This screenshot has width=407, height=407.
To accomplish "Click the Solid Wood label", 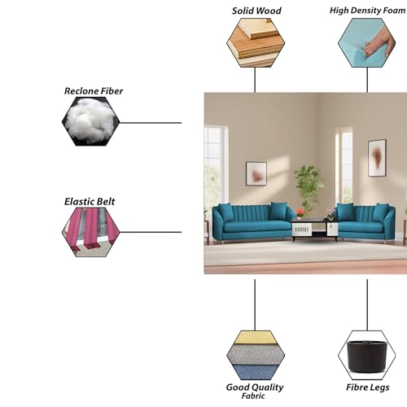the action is pyautogui.click(x=256, y=11).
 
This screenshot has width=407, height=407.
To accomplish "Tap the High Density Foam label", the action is pyautogui.click(x=368, y=11).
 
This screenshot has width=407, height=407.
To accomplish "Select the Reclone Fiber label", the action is pyautogui.click(x=94, y=91).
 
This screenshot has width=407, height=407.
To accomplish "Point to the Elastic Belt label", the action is pyautogui.click(x=90, y=202).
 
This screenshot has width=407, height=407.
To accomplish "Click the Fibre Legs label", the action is pyautogui.click(x=368, y=387).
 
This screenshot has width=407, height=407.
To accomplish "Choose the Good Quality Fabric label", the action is pyautogui.click(x=255, y=391).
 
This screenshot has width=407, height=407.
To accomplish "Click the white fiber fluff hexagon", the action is pyautogui.click(x=90, y=121).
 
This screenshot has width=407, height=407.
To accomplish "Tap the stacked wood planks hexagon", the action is pyautogui.click(x=256, y=42).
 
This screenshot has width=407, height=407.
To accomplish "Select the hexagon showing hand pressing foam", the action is pyautogui.click(x=367, y=42).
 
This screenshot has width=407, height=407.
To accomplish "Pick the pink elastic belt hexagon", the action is pyautogui.click(x=90, y=232).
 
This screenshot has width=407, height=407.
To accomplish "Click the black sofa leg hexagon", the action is pyautogui.click(x=367, y=355).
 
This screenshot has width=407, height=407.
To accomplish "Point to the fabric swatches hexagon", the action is pyautogui.click(x=256, y=355).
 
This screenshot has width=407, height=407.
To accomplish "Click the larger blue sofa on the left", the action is pyautogui.click(x=252, y=221).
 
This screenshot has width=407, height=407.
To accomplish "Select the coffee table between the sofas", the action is pyautogui.click(x=315, y=230).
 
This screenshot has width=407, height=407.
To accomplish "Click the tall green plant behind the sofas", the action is pyautogui.click(x=309, y=186).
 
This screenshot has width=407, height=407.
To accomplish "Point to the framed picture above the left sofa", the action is pyautogui.click(x=256, y=173).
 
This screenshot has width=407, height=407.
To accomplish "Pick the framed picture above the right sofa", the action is pyautogui.click(x=377, y=158).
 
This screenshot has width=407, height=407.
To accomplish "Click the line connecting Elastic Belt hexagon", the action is pyautogui.click(x=151, y=232).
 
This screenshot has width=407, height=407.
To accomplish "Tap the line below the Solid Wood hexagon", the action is pyautogui.click(x=255, y=80).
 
